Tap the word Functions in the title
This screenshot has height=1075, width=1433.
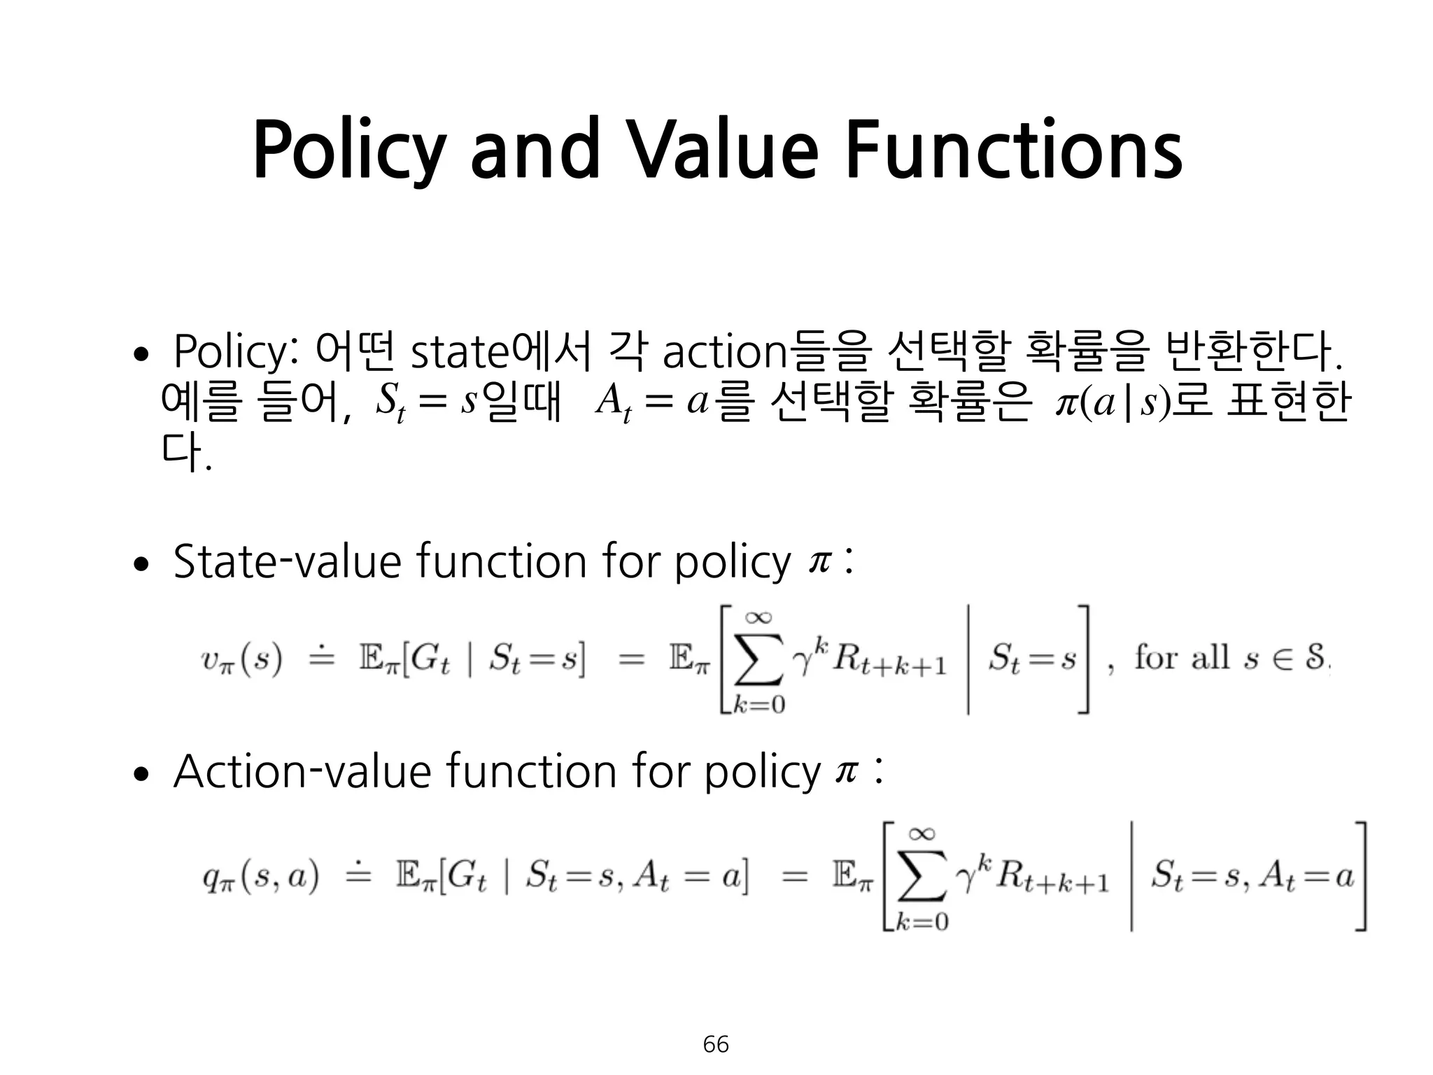point(1013,149)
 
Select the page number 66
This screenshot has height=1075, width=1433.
point(716,1044)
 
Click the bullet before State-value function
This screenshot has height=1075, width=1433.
point(141,564)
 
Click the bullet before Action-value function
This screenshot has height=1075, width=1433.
point(141,775)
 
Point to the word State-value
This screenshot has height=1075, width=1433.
point(288,561)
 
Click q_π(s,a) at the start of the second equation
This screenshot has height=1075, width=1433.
point(260,877)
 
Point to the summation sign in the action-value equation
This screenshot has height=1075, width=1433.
point(922,877)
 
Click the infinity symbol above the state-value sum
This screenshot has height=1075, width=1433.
point(758,617)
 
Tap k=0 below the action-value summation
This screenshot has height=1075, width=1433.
point(922,922)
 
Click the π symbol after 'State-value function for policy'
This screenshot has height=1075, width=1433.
point(818,561)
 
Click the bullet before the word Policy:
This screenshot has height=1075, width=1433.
point(141,355)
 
